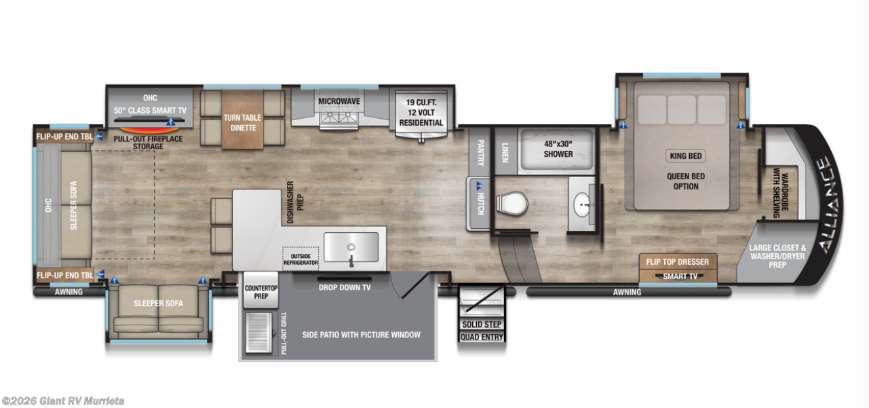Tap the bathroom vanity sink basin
pyautogui.click(x=582, y=203)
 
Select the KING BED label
pyautogui.click(x=685, y=155)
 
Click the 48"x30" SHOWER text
pyautogui.click(x=558, y=149)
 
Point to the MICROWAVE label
pyautogui.click(x=339, y=102)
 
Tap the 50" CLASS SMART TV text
pyautogui.click(x=150, y=110)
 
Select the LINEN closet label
pyautogui.click(x=505, y=150)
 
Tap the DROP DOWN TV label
pyautogui.click(x=345, y=286)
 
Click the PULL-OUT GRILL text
pyautogui.click(x=284, y=333)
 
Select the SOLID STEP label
pyautogui.click(x=482, y=324)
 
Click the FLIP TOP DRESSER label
pyautogui.click(x=677, y=262)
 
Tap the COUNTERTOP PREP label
pyautogui.click(x=261, y=292)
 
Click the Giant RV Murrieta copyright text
pyautogui.click(x=63, y=401)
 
